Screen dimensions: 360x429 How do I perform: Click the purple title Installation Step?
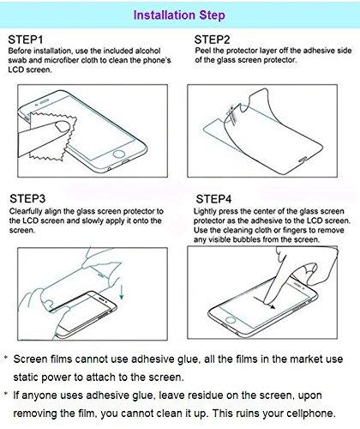tap(179, 15)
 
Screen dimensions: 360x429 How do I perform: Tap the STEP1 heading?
tap(26, 39)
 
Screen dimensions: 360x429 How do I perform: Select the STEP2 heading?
tap(212, 39)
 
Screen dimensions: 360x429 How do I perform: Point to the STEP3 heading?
tap(27, 198)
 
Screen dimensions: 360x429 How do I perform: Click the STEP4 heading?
tap(213, 199)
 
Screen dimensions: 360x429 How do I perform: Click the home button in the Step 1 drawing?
tap(119, 154)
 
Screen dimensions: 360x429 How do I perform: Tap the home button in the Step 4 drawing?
tap(230, 319)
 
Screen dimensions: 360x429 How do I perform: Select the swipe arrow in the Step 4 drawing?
tap(264, 303)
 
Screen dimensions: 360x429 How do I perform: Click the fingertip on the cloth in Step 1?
tap(63, 126)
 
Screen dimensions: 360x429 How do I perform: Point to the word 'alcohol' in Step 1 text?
tap(147, 51)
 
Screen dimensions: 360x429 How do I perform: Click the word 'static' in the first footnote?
tap(26, 377)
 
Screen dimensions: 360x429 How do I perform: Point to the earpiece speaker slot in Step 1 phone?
tap(44, 102)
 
